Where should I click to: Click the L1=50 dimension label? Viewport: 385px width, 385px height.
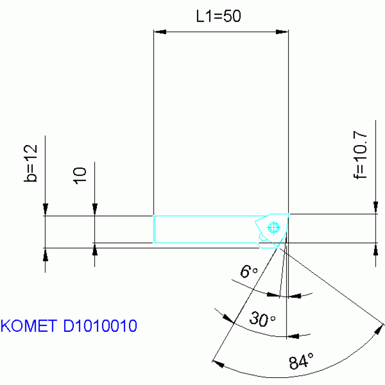pos(218,16)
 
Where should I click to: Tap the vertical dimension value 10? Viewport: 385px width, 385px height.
pos(80,175)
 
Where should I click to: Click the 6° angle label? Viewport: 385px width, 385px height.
pos(248,273)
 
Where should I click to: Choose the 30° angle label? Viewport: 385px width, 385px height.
pos(263,319)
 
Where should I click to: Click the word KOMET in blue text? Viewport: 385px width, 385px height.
pos(29,326)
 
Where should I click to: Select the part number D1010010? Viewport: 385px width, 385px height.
pos(100,326)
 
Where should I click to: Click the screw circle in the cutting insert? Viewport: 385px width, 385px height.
pos(273,227)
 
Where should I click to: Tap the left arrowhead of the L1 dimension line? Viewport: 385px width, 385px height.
pos(159,32)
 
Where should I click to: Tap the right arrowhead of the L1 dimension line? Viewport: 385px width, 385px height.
pos(282,32)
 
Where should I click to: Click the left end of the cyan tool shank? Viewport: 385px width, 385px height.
pos(154,229)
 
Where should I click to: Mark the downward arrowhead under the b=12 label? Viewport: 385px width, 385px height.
pos(45,209)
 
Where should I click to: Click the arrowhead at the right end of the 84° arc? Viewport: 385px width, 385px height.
pos(378,330)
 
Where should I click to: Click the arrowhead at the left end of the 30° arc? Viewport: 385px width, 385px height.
pos(226,318)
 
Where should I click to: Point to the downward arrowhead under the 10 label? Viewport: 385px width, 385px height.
pos(94,209)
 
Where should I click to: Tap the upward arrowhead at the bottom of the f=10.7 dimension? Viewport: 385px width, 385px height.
pos(374,249)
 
